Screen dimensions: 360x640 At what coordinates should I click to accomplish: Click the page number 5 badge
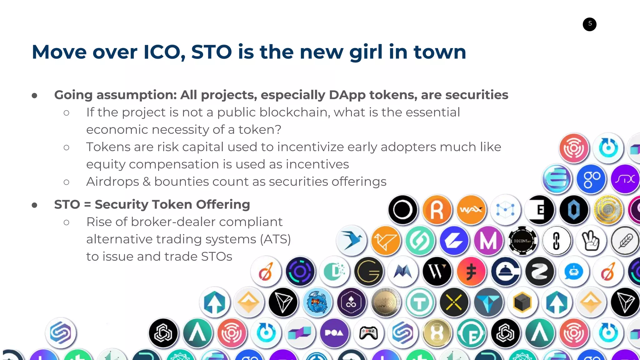point(589,24)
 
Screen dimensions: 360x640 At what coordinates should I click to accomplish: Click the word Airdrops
point(112,182)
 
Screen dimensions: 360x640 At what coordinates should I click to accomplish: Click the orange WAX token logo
point(471,210)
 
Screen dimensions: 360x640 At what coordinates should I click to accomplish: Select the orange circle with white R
point(437,210)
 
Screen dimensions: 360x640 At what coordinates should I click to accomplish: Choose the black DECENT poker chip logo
point(522,241)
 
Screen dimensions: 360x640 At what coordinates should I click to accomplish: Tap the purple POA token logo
point(334,333)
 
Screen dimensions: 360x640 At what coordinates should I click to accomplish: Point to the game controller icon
point(369,333)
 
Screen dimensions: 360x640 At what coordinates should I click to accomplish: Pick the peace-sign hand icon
point(591,241)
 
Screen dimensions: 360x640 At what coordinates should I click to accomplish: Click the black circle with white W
point(437,271)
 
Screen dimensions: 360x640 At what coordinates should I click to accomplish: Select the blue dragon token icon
point(317,302)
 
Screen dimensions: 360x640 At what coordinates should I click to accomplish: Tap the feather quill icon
point(625,241)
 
